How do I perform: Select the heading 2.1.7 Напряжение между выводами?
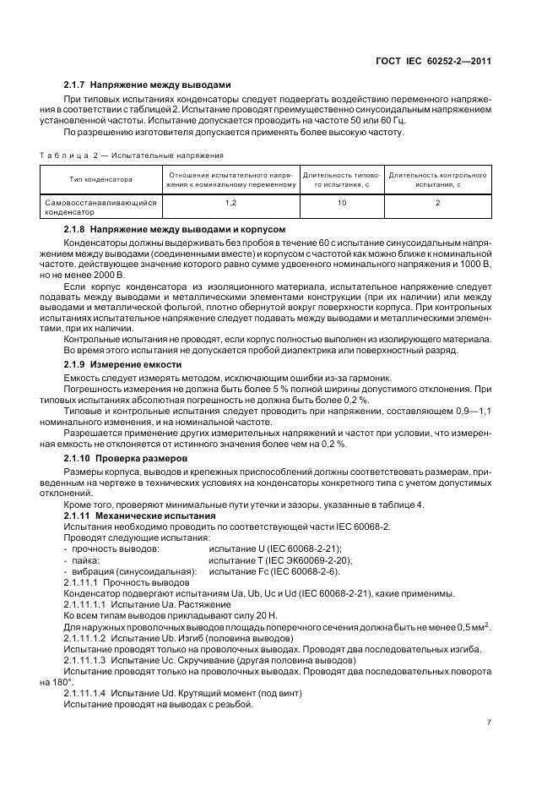point(147,85)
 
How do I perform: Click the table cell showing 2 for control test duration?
point(436,203)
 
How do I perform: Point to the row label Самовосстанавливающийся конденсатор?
point(99,208)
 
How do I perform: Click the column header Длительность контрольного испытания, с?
point(436,179)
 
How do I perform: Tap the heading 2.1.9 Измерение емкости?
point(122,363)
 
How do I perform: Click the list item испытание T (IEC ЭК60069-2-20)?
point(280,559)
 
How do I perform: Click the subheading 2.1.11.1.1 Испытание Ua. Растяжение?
point(135,604)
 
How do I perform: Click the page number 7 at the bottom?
point(489,723)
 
